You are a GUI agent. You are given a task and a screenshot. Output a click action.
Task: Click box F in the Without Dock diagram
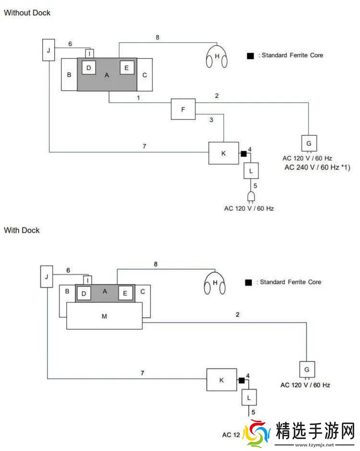click(183, 109)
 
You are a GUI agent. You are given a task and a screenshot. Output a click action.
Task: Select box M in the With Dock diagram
click(104, 316)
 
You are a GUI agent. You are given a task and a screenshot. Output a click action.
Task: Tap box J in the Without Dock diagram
click(49, 50)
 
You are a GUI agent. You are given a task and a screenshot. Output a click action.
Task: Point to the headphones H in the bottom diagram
click(215, 284)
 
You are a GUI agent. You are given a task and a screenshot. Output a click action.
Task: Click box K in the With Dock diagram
click(222, 380)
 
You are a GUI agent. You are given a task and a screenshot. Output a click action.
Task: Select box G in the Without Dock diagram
click(309, 143)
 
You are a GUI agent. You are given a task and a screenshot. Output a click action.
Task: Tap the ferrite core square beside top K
click(243, 154)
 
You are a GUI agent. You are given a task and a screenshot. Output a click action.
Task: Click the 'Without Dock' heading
click(27, 13)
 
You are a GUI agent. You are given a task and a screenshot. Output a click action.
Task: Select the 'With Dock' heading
click(22, 230)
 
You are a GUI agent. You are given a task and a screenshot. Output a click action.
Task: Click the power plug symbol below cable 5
click(251, 197)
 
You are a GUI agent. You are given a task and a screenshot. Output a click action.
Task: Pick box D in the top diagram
click(88, 68)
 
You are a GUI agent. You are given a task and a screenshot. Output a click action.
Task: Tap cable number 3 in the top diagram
click(211, 120)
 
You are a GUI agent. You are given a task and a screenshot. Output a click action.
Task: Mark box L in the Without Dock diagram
click(251, 170)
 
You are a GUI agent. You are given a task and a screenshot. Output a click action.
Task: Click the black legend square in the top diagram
click(250, 56)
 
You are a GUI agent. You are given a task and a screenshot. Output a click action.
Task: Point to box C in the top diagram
click(145, 75)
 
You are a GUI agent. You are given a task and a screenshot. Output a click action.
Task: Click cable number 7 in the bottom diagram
click(142, 373)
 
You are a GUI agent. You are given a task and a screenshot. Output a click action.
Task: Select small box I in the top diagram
click(88, 53)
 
